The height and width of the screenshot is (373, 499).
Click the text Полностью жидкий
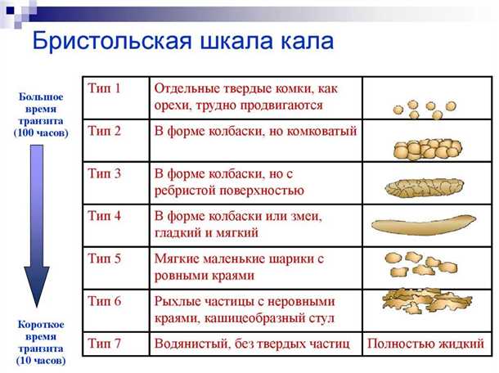(422, 344)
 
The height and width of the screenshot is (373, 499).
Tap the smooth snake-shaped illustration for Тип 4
(423, 225)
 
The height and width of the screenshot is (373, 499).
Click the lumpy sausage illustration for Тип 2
(423, 149)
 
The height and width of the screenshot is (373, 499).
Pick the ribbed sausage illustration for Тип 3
(423, 187)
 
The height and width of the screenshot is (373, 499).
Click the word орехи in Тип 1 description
(174, 106)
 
